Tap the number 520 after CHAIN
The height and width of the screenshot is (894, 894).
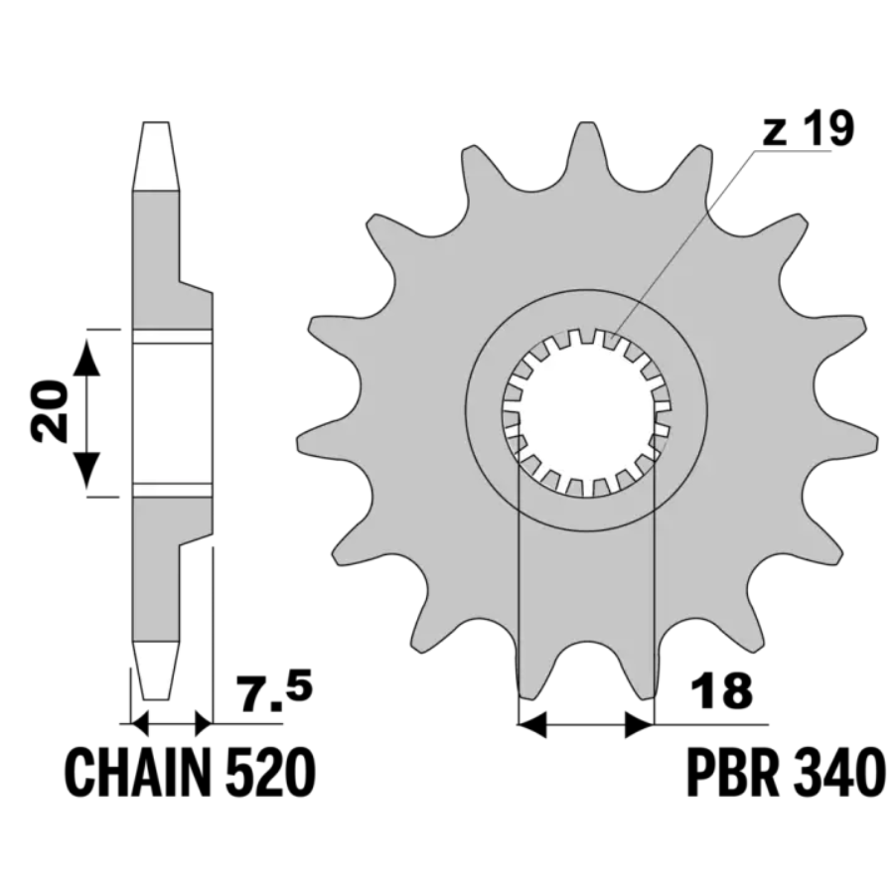pos(270,774)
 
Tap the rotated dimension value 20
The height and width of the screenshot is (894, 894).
pos(49,411)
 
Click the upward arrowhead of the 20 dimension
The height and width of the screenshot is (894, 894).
pos(86,358)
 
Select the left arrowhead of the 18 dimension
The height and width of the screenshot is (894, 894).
pos(531,725)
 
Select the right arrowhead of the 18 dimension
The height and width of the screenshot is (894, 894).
pos(640,725)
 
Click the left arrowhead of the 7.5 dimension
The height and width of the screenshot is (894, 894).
pos(140,724)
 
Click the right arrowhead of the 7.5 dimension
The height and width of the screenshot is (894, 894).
pos(204,724)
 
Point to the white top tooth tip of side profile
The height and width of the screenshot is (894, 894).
pos(156,156)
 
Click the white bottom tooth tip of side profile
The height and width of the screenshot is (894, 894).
pos(156,670)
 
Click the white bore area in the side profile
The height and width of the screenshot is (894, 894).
pos(172,413)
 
